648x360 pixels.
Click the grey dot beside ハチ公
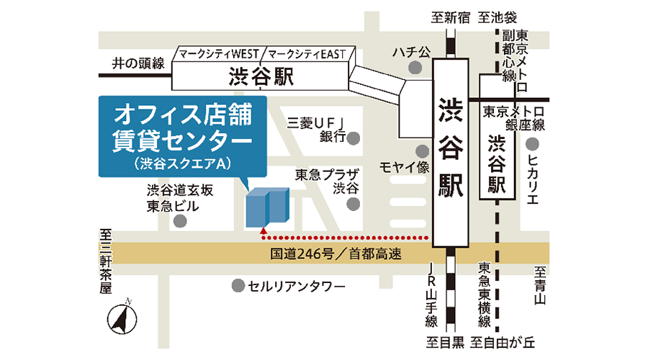(x=415, y=68)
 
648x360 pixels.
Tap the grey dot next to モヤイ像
(x=422, y=151)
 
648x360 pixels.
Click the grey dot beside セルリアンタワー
(x=237, y=287)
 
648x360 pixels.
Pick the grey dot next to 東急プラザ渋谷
(x=353, y=204)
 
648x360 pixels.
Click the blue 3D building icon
(x=267, y=207)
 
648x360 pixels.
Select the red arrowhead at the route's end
(x=264, y=233)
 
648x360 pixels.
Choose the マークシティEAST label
(x=307, y=54)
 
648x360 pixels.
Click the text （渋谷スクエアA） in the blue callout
(x=181, y=163)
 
